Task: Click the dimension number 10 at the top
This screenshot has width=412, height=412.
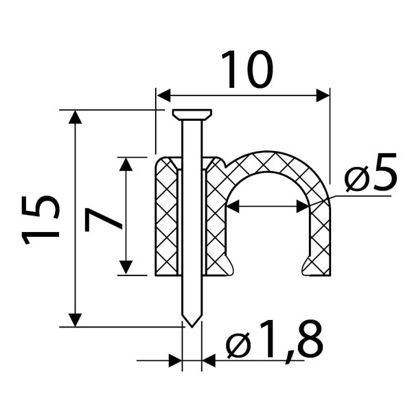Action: coord(247,69)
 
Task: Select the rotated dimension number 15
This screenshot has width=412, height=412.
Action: coord(41,220)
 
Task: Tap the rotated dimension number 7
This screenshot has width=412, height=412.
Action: coord(104,220)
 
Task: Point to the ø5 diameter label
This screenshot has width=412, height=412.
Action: coord(371,172)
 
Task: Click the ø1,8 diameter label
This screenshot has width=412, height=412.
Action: coord(275,342)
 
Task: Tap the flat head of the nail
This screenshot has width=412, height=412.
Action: coord(192,115)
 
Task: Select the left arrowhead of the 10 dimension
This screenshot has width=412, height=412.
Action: coord(163,95)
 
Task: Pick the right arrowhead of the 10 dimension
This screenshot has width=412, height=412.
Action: coord(323,95)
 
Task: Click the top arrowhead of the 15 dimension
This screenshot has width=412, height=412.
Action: coord(75,117)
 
